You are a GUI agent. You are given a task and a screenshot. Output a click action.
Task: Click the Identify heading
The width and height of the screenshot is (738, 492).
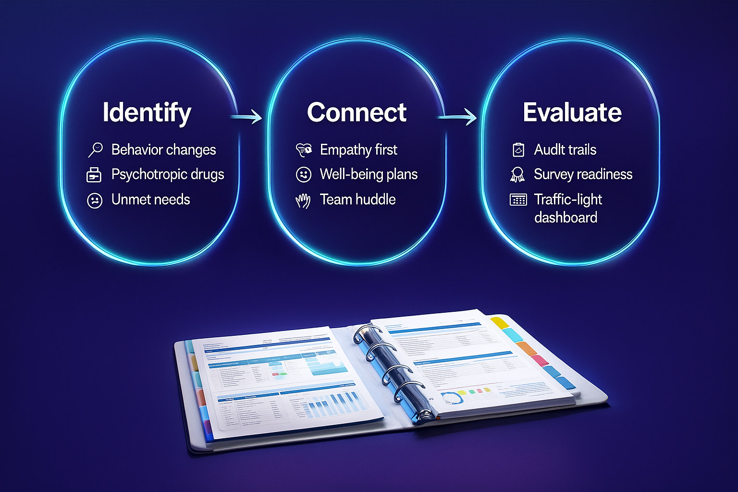[x=147, y=113]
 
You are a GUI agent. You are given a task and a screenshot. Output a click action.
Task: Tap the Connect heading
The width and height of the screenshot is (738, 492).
[x=357, y=112]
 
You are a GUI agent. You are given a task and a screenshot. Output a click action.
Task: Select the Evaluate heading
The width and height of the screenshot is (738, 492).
[x=572, y=112]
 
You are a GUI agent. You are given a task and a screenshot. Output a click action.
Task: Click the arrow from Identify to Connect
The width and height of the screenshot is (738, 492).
[x=246, y=117]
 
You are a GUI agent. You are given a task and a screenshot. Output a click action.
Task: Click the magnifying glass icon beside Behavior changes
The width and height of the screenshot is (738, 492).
[x=95, y=149]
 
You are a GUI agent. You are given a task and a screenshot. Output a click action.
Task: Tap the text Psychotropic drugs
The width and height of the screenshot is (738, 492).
[x=168, y=174]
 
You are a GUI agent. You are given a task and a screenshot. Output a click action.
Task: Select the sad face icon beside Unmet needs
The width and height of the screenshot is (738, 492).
[x=95, y=200]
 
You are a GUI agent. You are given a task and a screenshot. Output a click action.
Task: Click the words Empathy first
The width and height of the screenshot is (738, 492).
[x=358, y=150]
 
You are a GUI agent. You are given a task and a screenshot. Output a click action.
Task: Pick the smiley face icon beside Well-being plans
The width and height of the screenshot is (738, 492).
[x=304, y=174]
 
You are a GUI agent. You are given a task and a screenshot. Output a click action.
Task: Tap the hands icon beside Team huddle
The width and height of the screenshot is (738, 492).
[x=303, y=200]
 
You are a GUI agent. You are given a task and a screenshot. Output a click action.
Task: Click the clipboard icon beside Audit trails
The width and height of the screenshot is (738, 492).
[x=518, y=150]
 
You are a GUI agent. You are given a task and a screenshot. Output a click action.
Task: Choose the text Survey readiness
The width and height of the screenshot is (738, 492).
[x=583, y=174]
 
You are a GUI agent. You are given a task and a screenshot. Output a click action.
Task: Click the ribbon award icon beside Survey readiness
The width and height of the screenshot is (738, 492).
[x=517, y=174]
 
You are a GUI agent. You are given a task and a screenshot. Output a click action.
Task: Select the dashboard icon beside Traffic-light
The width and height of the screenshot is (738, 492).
[x=518, y=200]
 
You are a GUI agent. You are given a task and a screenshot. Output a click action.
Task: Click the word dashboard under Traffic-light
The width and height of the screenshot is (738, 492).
[x=566, y=218]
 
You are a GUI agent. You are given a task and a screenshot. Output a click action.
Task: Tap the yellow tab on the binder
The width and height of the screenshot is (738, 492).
[x=500, y=322]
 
